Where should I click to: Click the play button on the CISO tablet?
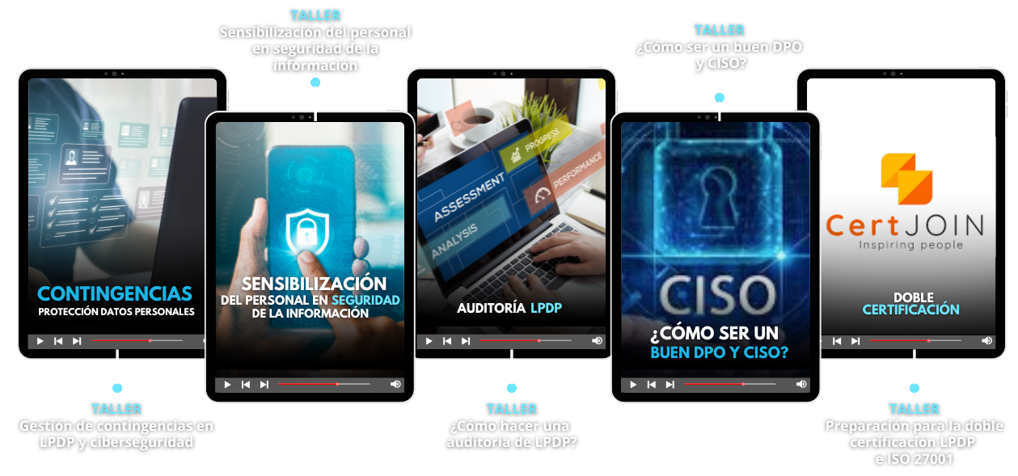point(632,385)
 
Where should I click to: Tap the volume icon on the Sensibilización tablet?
point(395,384)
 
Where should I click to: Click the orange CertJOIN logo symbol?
point(906,179)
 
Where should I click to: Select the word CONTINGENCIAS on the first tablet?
point(115,294)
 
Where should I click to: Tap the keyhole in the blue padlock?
point(715,195)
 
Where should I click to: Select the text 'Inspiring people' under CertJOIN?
point(910,245)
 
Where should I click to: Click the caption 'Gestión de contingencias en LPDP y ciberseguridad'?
point(116,434)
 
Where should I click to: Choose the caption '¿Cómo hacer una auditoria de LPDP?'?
point(511,434)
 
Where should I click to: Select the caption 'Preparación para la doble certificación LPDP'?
point(914,434)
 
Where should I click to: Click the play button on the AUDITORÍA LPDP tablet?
point(429,341)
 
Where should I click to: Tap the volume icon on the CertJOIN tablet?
point(986,341)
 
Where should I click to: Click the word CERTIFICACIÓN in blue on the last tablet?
point(910,310)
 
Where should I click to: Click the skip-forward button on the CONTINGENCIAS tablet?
point(77,341)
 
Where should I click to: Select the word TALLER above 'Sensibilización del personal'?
point(315,15)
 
